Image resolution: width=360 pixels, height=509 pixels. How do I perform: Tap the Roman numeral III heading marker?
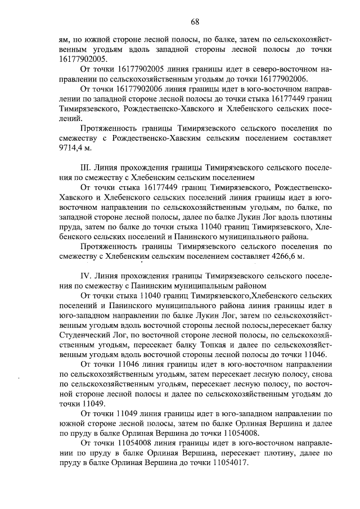coord(87,168)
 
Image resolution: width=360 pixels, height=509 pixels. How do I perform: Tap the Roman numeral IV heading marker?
coord(87,276)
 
